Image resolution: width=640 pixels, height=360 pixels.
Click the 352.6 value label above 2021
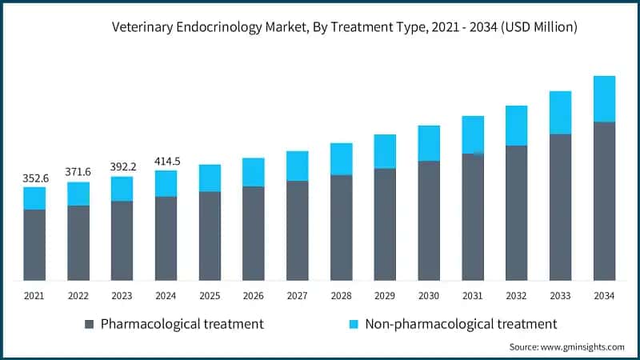pos(35,178)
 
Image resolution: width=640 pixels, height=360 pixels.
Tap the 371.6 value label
pos(78,172)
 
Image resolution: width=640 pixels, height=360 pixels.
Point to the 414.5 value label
pos(166,161)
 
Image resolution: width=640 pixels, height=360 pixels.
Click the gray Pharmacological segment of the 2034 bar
pos(604,200)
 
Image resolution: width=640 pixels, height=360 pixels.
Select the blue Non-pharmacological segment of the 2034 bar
pos(604,98)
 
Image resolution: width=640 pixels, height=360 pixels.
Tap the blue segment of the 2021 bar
pos(35,198)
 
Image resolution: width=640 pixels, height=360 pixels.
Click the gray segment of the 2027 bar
pos(298,230)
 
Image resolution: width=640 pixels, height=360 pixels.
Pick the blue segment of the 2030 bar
pos(429,143)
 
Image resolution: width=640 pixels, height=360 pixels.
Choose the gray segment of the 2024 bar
pos(166,238)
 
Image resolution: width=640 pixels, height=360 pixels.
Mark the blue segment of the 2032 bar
pos(516,126)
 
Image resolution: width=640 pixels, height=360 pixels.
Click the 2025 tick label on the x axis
pos(210,296)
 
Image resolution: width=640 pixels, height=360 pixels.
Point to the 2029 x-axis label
pos(385,296)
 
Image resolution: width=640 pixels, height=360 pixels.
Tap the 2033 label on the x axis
pos(560,296)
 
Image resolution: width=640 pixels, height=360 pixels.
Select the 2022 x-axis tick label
pos(78,296)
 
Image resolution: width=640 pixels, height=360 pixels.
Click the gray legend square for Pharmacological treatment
pos(90,324)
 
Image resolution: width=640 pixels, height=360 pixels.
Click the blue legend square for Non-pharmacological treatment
pos(352,324)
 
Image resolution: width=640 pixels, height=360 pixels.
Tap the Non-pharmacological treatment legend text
pos(461,324)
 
